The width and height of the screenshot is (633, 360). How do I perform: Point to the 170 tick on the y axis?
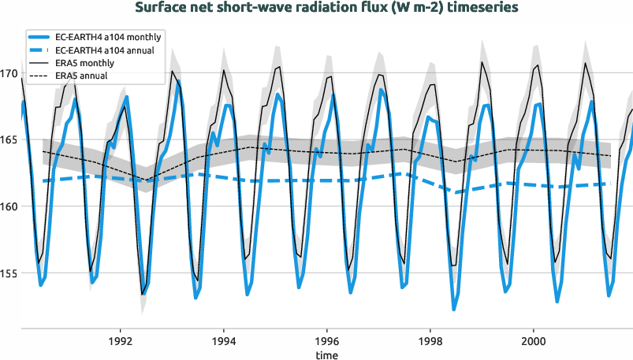[x=9, y=74]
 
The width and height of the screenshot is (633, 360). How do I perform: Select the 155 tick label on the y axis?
[x=9, y=273]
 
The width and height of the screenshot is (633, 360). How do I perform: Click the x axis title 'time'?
[x=327, y=354]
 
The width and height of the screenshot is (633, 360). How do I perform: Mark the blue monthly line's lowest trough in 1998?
[x=454, y=309]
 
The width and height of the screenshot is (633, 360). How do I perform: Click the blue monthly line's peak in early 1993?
[x=178, y=81]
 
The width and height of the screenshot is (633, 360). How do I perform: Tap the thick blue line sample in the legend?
[x=40, y=37]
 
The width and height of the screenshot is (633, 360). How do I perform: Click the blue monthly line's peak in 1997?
[x=382, y=90]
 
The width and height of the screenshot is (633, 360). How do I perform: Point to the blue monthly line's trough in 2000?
[x=557, y=301]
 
